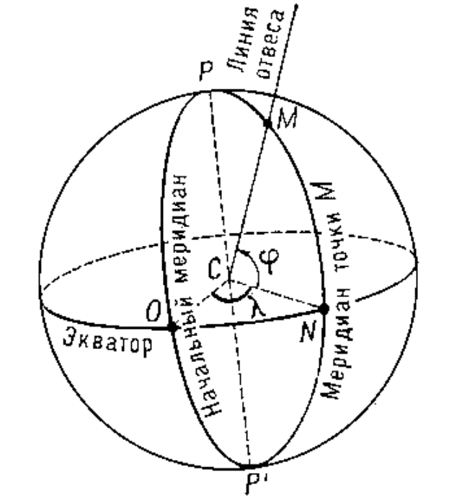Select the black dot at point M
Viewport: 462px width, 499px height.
click(x=268, y=123)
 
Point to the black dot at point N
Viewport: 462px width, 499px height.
click(x=324, y=309)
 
